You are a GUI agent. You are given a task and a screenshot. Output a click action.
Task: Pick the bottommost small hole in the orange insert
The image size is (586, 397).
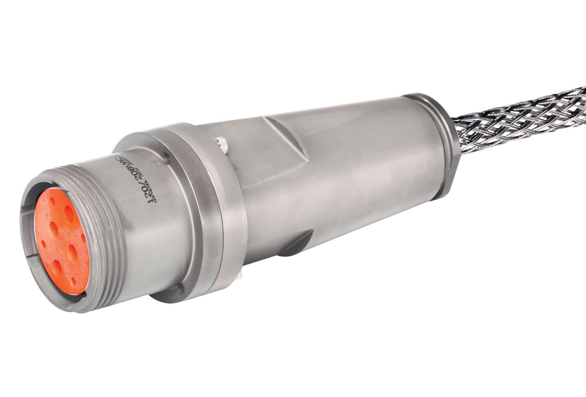[x=73, y=281]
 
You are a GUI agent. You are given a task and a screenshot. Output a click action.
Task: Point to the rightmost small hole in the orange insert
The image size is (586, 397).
[x=84, y=238]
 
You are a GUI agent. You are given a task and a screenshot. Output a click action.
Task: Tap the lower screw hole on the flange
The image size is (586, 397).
[x=179, y=288]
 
